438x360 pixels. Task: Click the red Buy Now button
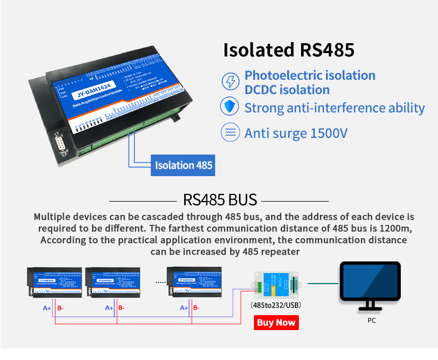(x=276, y=322)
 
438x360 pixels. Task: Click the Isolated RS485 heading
(x=288, y=50)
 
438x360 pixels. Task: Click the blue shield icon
(x=230, y=107)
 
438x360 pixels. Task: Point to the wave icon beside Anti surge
(x=230, y=133)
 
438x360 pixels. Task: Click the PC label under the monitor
(x=371, y=320)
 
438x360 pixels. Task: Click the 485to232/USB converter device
(x=276, y=284)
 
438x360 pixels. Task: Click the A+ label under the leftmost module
(x=47, y=308)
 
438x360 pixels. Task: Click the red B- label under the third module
(x=195, y=308)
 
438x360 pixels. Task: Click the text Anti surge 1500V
(x=296, y=133)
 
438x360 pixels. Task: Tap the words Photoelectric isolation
(x=310, y=75)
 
